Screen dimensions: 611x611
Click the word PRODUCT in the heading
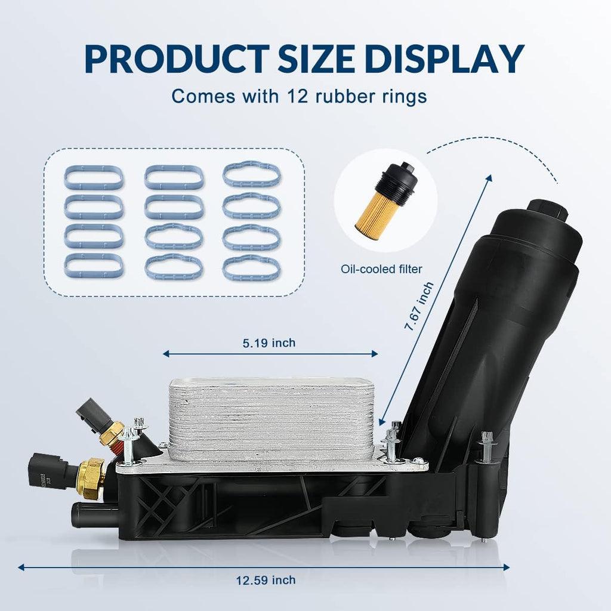(x=177, y=59)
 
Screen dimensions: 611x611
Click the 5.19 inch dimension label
(x=269, y=343)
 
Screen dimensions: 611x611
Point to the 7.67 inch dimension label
(x=419, y=306)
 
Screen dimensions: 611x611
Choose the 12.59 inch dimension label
(x=266, y=580)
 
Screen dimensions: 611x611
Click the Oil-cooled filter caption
(x=381, y=269)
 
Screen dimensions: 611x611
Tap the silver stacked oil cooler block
(x=271, y=419)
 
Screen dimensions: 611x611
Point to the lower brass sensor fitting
(x=91, y=477)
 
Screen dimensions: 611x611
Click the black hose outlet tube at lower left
(x=94, y=514)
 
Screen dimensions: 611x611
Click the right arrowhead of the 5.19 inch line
(x=374, y=354)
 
